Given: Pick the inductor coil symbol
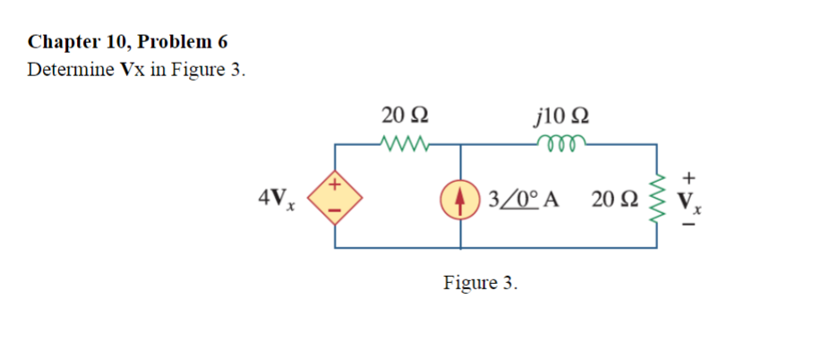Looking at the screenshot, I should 561,142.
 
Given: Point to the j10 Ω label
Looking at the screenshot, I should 560,116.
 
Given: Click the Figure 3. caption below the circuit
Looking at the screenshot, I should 480,283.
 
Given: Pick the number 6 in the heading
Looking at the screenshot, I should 222,41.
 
